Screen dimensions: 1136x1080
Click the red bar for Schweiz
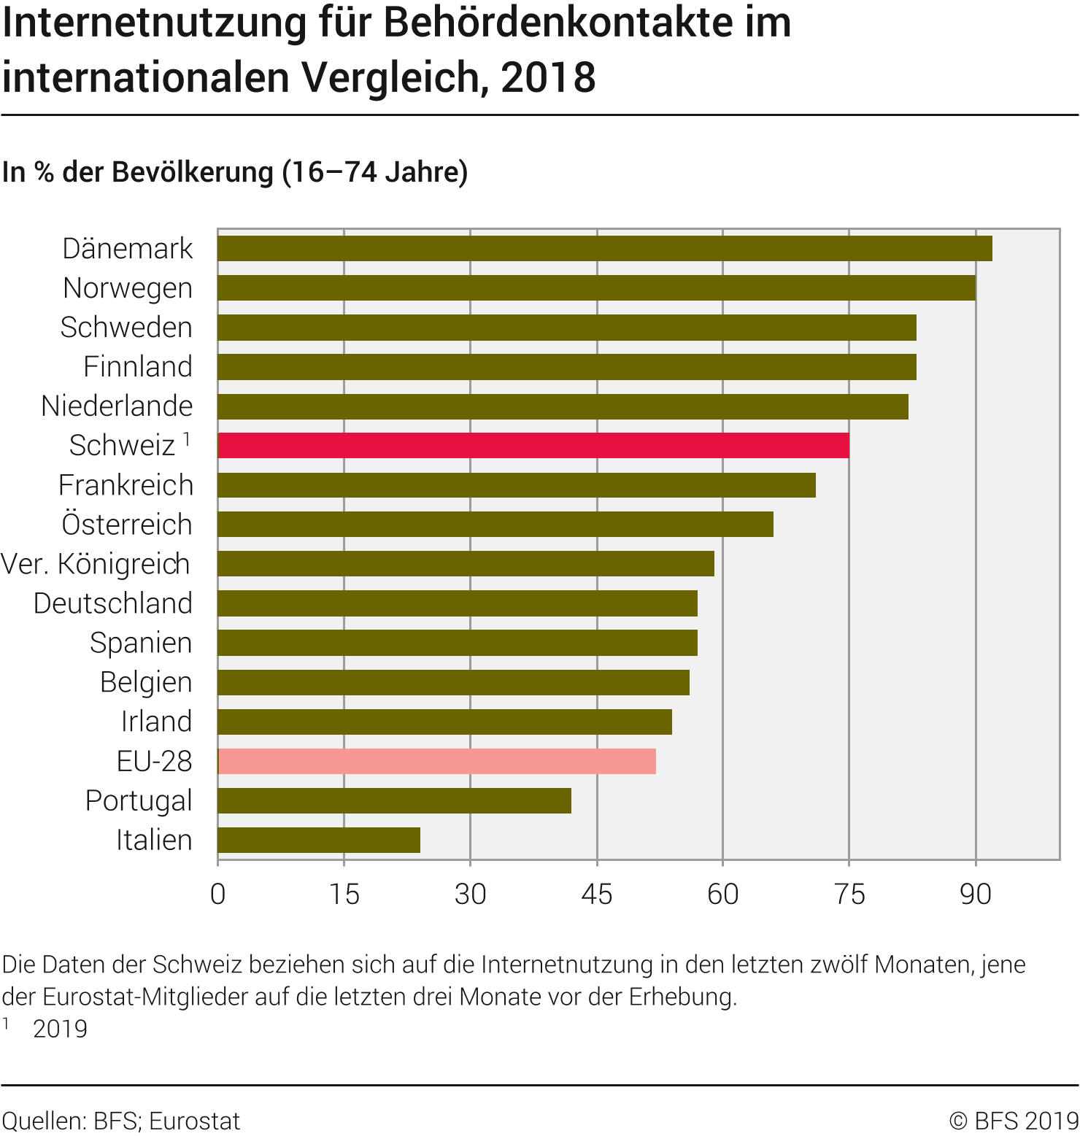pyautogui.click(x=533, y=445)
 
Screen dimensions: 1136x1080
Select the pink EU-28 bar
pyautogui.click(x=436, y=761)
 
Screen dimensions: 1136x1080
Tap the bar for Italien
pyautogui.click(x=319, y=840)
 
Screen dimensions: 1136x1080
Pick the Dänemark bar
pyautogui.click(x=604, y=248)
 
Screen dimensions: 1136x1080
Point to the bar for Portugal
pyautogui.click(x=394, y=800)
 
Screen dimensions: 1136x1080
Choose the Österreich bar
pyautogui.click(x=495, y=524)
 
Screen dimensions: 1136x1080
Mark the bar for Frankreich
pyautogui.click(x=516, y=484)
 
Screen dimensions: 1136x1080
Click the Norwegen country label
pyautogui.click(x=128, y=288)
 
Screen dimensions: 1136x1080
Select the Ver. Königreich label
pyautogui.click(x=96, y=564)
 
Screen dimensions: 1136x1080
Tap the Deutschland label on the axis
pyautogui.click(x=113, y=603)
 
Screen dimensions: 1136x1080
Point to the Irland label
pyautogui.click(x=156, y=722)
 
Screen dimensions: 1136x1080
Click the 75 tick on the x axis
pyautogui.click(x=849, y=894)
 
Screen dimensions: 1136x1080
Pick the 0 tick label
pyautogui.click(x=217, y=894)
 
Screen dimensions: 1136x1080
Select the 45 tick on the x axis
pyautogui.click(x=597, y=894)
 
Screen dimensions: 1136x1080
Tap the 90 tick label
pyautogui.click(x=976, y=894)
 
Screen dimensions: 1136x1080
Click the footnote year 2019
pyautogui.click(x=60, y=1029)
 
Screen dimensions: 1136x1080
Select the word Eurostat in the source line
pyautogui.click(x=194, y=1121)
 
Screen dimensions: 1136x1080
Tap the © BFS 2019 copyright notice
pyautogui.click(x=1014, y=1121)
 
